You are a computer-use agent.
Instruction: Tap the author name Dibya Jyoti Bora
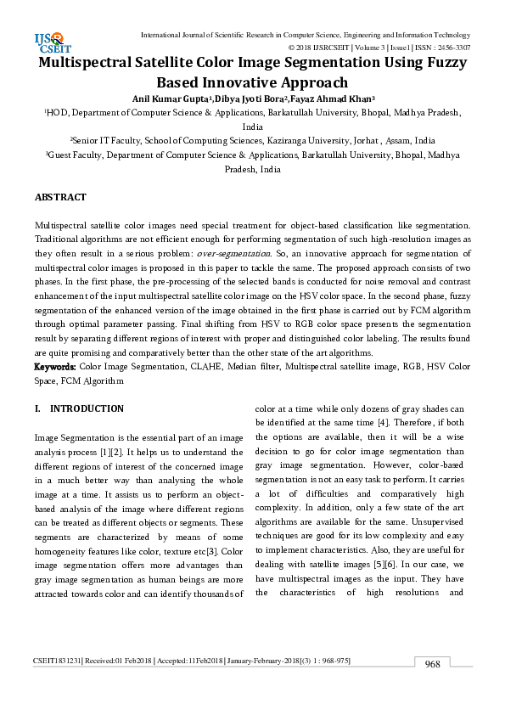click(x=244, y=97)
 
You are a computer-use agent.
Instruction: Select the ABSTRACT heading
click(x=60, y=197)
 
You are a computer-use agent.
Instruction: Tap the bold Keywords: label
click(x=55, y=366)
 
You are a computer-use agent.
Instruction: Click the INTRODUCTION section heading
click(x=87, y=409)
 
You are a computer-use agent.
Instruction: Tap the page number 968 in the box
click(x=433, y=664)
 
